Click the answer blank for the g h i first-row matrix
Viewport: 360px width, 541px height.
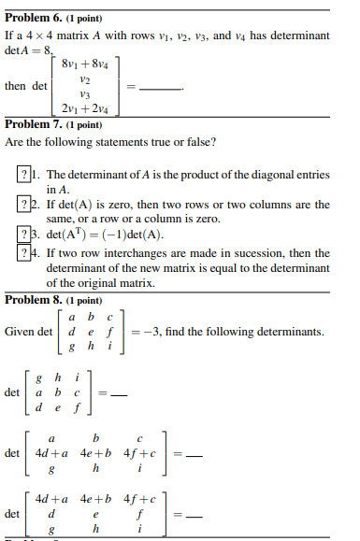point(111,392)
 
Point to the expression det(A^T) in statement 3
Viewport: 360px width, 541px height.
point(68,234)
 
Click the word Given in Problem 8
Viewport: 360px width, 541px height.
point(19,331)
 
